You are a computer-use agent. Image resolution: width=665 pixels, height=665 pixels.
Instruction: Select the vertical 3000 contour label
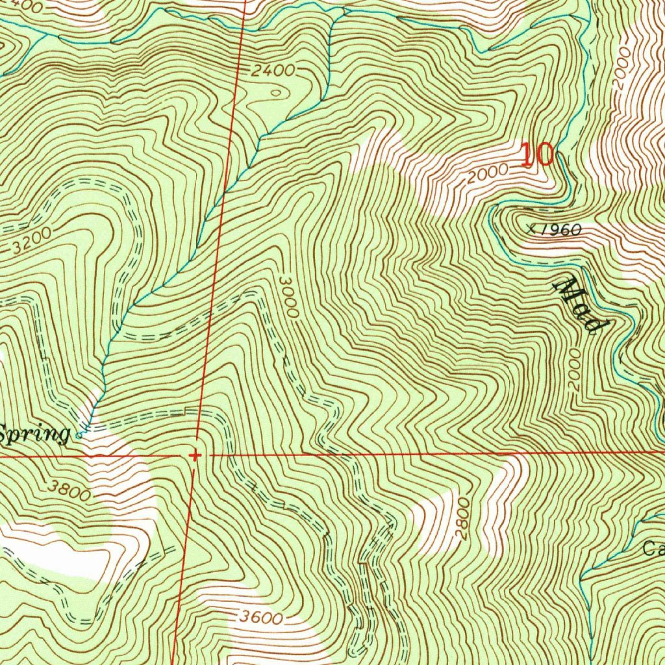[x=288, y=295]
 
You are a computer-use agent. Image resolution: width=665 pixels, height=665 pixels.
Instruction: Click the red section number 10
[x=537, y=155]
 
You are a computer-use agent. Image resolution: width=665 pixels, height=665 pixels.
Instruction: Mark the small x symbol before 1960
[x=532, y=228]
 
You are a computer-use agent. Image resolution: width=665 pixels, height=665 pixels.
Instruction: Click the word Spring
[x=34, y=434]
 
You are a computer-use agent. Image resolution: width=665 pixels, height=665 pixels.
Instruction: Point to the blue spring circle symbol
[x=79, y=435]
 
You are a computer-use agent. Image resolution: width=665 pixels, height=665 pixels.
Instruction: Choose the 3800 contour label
[x=68, y=490]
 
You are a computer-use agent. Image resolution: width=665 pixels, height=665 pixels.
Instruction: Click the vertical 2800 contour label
[x=462, y=519]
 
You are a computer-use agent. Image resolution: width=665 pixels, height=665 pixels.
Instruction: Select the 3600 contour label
[x=259, y=617]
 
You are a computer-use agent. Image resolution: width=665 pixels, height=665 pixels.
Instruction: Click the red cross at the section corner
[x=194, y=455]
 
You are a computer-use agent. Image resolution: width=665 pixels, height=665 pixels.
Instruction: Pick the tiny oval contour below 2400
[x=277, y=93]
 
